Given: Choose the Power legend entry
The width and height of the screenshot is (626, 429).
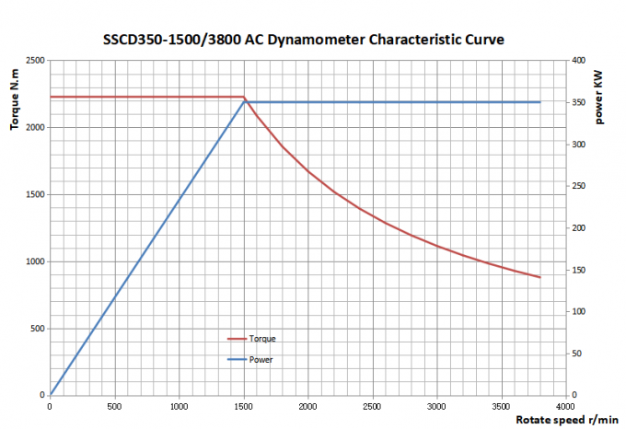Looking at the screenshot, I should pos(261,359).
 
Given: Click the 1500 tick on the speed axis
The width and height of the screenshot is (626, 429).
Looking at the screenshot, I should pos(244,406).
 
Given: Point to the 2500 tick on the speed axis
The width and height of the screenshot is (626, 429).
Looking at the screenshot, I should pos(373,406).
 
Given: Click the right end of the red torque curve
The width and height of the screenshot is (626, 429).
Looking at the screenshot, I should pos(540,277).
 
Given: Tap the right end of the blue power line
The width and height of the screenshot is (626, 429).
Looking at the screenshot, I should pos(540,102).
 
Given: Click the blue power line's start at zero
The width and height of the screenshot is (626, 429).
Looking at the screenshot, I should pos(51,395).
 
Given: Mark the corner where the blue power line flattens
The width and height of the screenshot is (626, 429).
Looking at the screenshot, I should pos(245,102).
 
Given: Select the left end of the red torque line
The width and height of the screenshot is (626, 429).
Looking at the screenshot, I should pos(51,97).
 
